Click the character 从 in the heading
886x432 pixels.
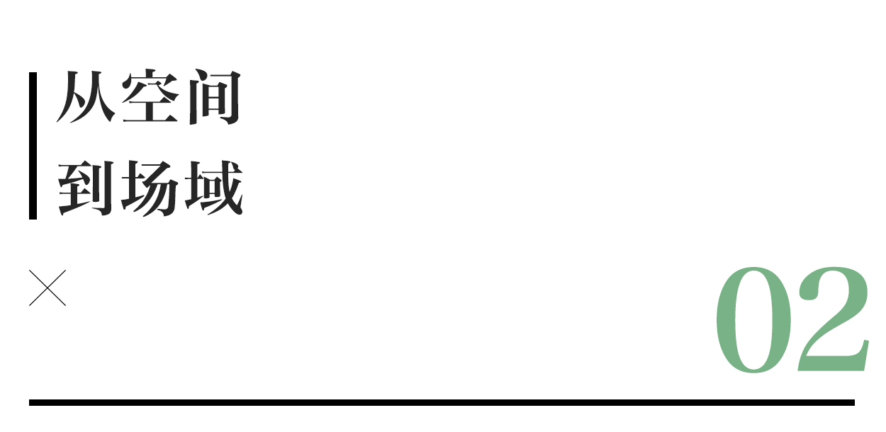tap(86, 98)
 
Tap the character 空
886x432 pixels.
tap(149, 98)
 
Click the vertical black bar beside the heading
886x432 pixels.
tap(33, 145)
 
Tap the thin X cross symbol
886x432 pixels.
tap(47, 288)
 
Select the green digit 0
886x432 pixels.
tap(753, 320)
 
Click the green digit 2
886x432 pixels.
tap(833, 320)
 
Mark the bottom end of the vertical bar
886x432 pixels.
tap(33, 217)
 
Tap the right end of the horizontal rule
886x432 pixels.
tap(852, 402)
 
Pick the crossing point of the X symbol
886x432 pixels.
tap(47, 288)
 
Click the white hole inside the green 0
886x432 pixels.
tap(753, 320)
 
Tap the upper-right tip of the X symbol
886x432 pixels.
tap(65, 271)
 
